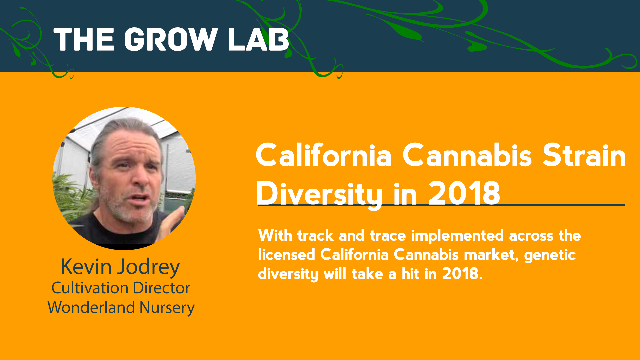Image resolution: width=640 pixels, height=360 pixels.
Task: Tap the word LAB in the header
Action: [259, 39]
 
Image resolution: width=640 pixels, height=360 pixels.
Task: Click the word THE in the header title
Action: [84, 39]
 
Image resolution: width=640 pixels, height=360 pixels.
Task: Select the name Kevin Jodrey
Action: [120, 267]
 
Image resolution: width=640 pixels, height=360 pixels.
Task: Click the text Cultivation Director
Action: [121, 288]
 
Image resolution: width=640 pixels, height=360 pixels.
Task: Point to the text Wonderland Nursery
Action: [121, 307]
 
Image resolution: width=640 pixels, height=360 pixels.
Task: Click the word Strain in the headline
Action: [584, 155]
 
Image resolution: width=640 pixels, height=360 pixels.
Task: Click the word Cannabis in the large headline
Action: [467, 155]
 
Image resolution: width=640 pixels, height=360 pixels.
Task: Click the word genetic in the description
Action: [550, 255]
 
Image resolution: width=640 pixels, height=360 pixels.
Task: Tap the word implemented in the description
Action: [457, 236]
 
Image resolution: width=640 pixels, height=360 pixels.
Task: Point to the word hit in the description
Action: [410, 274]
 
